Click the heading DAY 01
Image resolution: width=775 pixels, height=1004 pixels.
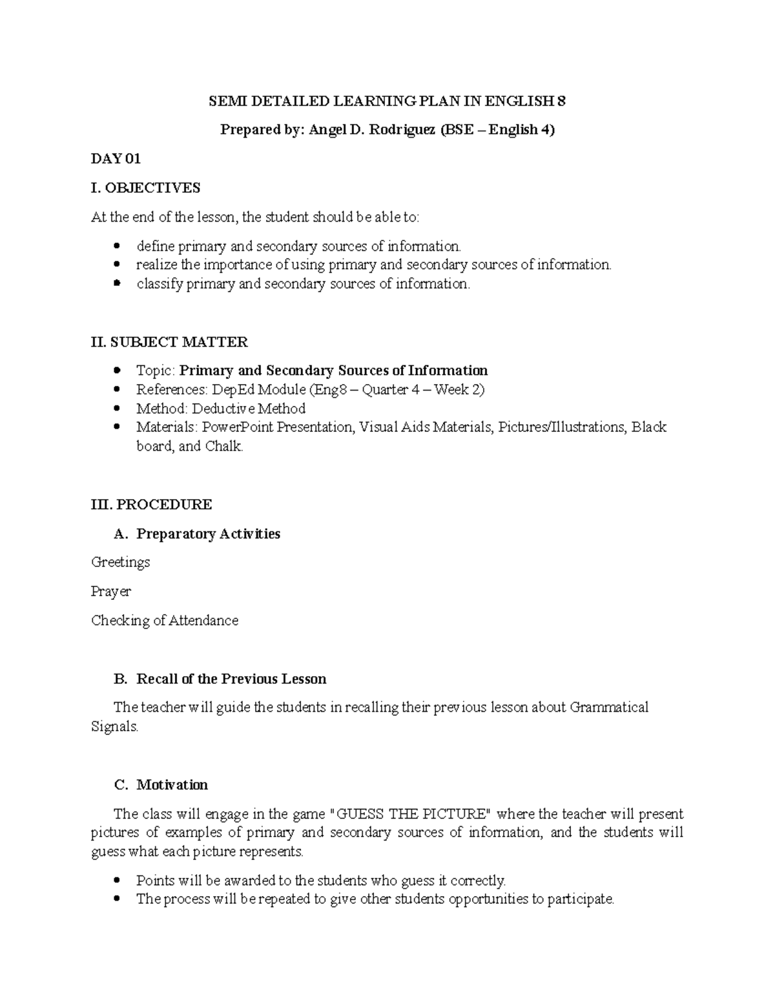point(116,159)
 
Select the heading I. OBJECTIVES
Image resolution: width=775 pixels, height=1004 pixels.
point(146,188)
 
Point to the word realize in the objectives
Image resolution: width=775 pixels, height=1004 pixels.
point(156,265)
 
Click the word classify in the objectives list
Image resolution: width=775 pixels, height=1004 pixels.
point(159,284)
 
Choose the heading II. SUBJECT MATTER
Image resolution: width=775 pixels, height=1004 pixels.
point(169,342)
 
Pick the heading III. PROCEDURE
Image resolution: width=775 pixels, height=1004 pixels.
point(151,504)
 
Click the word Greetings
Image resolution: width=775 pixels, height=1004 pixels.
point(121,562)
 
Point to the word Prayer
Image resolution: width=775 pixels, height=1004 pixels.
point(111,592)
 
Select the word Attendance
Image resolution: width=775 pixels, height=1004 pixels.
point(203,621)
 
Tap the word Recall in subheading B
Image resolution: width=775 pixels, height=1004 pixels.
point(156,679)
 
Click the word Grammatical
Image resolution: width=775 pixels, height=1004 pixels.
point(609,707)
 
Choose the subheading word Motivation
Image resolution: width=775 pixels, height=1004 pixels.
point(172,785)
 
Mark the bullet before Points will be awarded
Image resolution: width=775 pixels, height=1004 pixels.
point(116,881)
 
